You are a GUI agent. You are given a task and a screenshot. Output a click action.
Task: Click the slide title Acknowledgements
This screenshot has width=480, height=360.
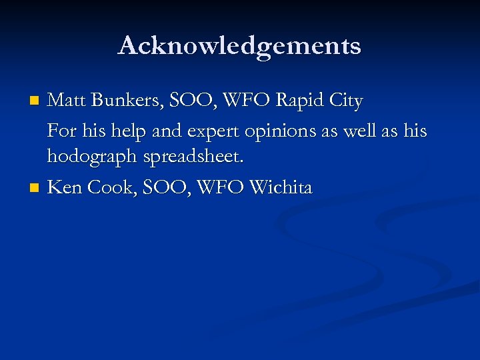click(x=239, y=46)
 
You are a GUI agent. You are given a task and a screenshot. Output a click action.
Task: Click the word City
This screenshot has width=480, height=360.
click(x=347, y=102)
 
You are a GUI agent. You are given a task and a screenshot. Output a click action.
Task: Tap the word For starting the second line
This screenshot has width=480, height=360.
click(x=62, y=131)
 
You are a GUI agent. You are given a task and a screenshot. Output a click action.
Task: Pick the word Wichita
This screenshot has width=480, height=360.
click(x=280, y=187)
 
